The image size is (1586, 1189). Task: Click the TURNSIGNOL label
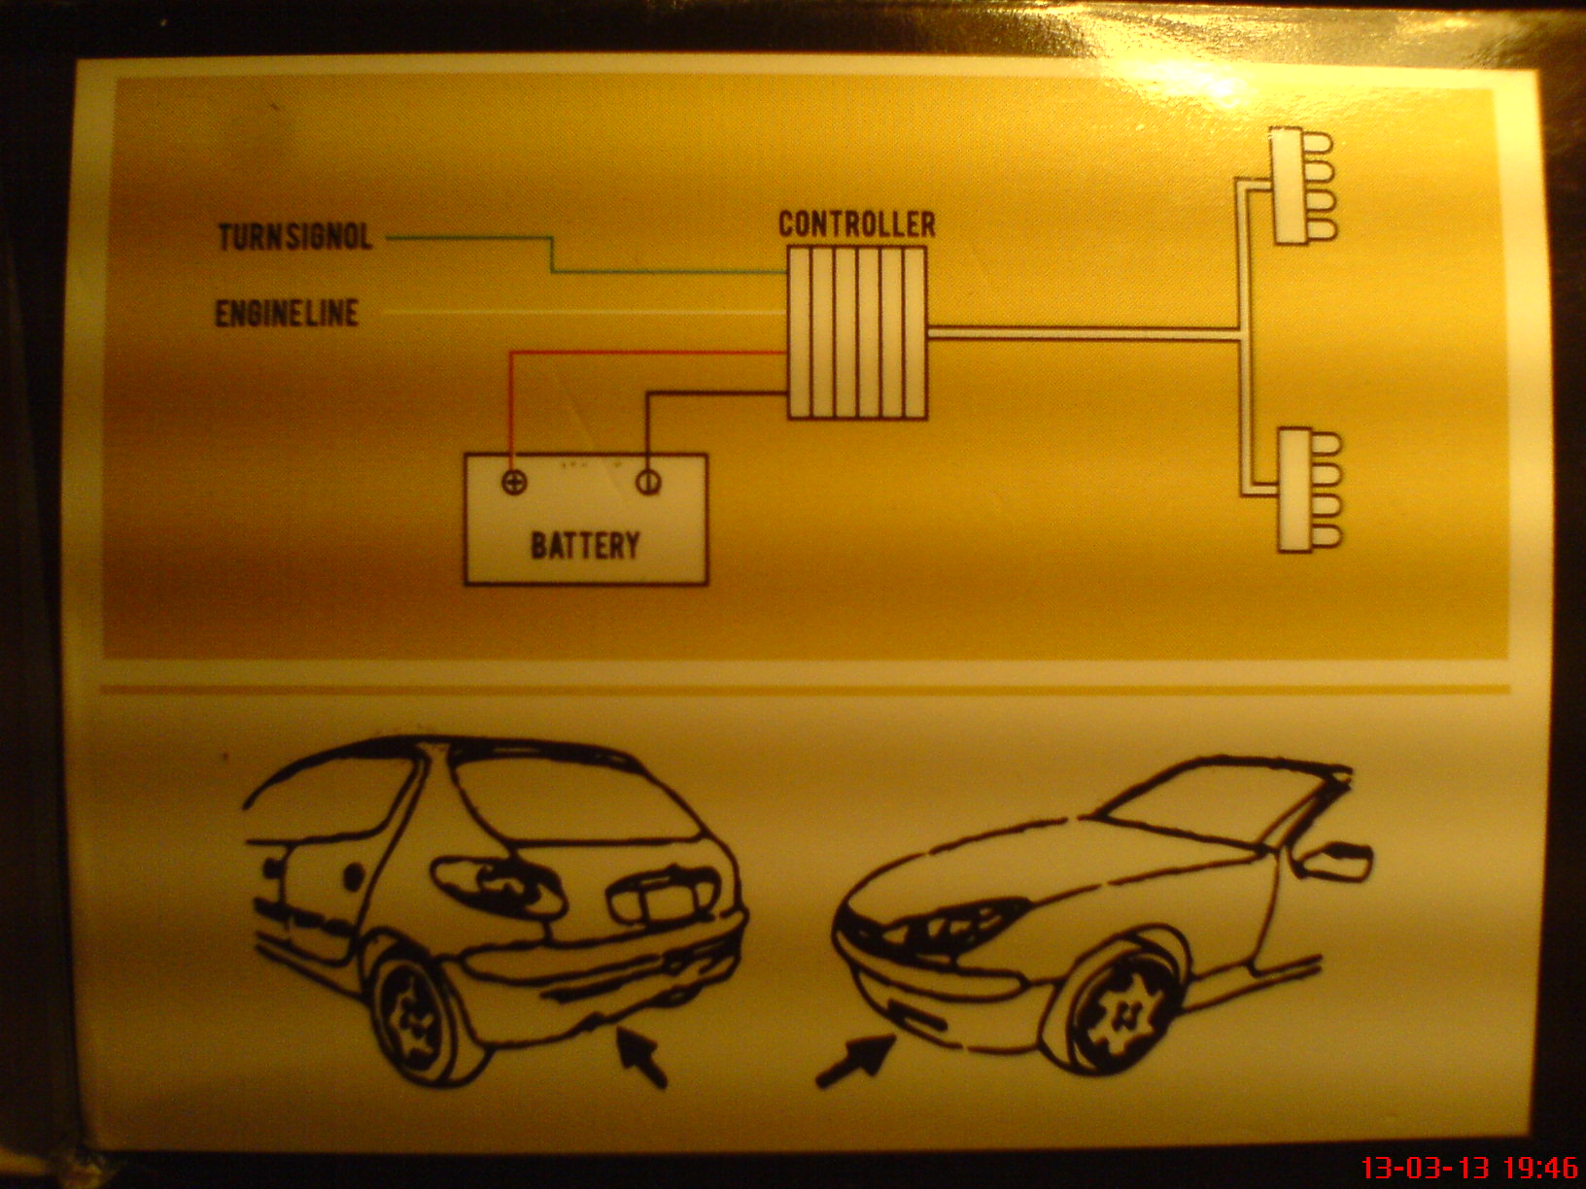[294, 238]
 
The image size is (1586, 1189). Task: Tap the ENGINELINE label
[287, 314]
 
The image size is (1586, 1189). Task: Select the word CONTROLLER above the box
[857, 224]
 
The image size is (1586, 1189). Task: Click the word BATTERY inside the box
[585, 546]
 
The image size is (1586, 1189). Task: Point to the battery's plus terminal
[514, 482]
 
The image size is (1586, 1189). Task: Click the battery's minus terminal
[648, 482]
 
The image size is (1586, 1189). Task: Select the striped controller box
[857, 333]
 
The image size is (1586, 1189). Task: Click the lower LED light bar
[1309, 491]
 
